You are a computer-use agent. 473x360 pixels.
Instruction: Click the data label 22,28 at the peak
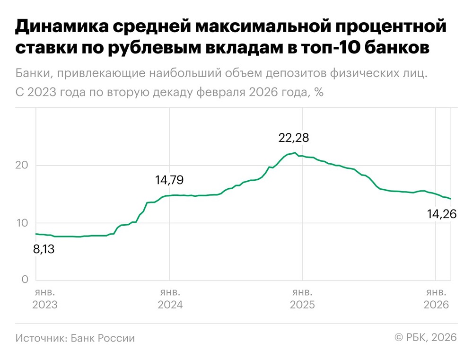(x=294, y=138)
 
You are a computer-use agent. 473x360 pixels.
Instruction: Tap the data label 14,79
(x=169, y=180)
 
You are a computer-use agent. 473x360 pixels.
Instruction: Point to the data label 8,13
(x=44, y=248)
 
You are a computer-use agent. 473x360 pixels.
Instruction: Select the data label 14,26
(x=442, y=214)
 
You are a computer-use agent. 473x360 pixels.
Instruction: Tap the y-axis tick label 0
(x=25, y=280)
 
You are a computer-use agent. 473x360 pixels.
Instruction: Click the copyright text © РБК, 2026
(x=426, y=337)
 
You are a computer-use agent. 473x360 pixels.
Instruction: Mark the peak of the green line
(x=295, y=153)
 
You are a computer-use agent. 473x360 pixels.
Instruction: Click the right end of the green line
(x=451, y=199)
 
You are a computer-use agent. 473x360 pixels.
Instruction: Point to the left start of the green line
(x=36, y=234)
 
